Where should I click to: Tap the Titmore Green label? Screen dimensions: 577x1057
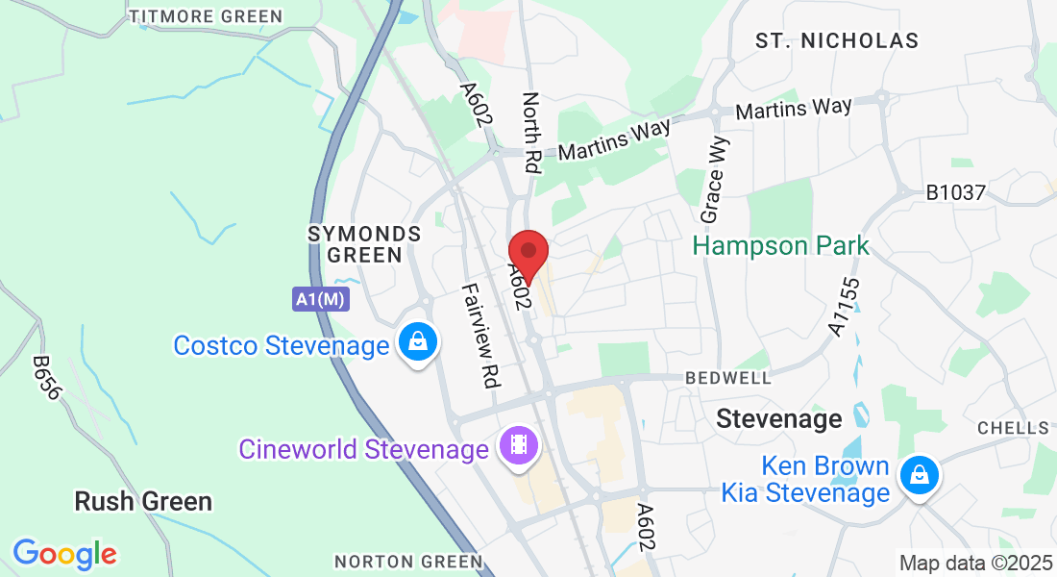[x=206, y=16]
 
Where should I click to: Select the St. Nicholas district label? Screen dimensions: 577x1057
[x=836, y=40]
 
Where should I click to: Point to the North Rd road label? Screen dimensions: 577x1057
[x=531, y=133]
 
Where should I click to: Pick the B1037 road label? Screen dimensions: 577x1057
[x=955, y=192]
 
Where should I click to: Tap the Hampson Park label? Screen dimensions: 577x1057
[x=780, y=245]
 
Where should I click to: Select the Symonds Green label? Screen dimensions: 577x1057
[x=364, y=244]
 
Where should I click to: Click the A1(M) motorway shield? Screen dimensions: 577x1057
[x=321, y=299]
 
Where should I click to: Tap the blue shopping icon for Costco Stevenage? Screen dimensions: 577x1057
[x=419, y=341]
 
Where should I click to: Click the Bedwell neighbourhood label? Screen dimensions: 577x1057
[x=728, y=378]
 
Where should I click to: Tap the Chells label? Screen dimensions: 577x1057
[x=1013, y=427]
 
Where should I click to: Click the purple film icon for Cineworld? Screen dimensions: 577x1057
[x=519, y=444]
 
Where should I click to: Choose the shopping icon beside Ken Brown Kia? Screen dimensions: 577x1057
[x=920, y=475]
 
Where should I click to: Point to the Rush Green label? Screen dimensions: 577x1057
[x=143, y=501]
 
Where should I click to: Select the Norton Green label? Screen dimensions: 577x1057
[x=407, y=561]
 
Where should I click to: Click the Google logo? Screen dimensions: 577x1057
[x=64, y=554]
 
